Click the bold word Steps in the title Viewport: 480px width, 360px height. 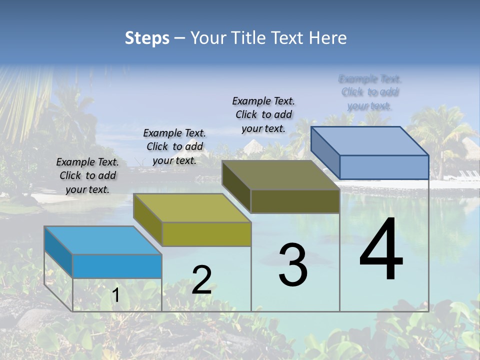tap(147, 38)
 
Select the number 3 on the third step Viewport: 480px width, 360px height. tap(292, 265)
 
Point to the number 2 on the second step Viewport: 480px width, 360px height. tap(201, 280)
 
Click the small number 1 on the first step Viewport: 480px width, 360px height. tap(115, 295)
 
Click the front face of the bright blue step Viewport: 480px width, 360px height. tap(117, 266)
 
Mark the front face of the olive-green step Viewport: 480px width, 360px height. tap(206, 234)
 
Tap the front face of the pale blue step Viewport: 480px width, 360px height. tap(384, 167)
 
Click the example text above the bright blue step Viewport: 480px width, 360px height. tap(87, 175)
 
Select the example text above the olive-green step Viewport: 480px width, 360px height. tap(174, 146)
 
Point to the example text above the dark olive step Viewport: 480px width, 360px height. tap(263, 114)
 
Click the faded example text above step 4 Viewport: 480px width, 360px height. tap(370, 92)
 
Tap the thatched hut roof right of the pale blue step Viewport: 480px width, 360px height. tap(470, 146)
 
